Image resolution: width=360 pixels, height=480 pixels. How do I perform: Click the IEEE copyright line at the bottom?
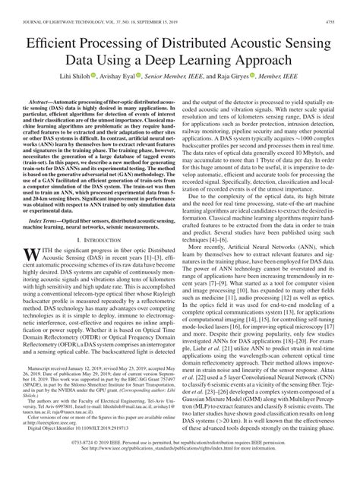click(x=179, y=460)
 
